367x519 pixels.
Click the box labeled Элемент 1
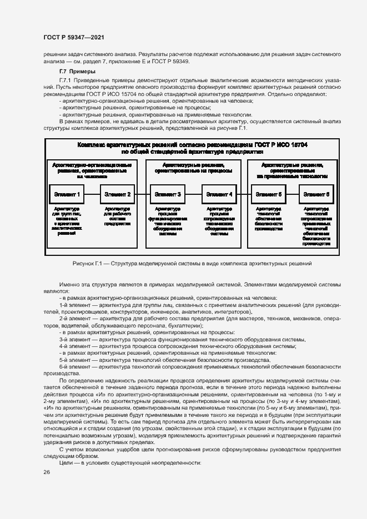click(x=68, y=194)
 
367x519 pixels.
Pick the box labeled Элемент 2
click(x=118, y=194)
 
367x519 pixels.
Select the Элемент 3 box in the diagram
click(x=168, y=194)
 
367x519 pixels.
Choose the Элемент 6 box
click(x=317, y=194)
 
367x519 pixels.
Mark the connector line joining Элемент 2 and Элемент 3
click(x=143, y=194)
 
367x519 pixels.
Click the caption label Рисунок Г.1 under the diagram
click(x=88, y=263)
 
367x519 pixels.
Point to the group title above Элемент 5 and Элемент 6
click(x=293, y=170)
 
